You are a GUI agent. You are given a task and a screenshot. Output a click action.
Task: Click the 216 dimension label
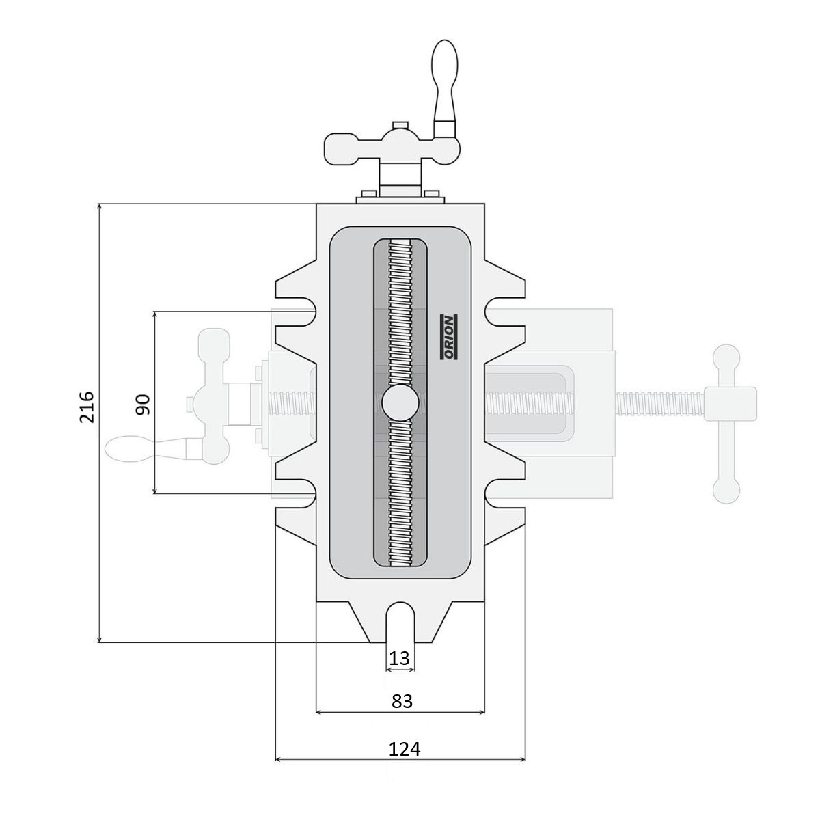[x=87, y=407]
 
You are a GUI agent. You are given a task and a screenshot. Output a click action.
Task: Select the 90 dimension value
[x=143, y=405]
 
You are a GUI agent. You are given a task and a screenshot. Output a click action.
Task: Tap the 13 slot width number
[x=400, y=658]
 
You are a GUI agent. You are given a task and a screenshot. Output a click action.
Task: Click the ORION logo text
[x=448, y=337]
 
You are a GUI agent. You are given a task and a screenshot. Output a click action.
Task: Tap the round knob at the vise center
[x=400, y=403]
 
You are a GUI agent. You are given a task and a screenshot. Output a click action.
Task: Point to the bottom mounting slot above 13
[x=400, y=622]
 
